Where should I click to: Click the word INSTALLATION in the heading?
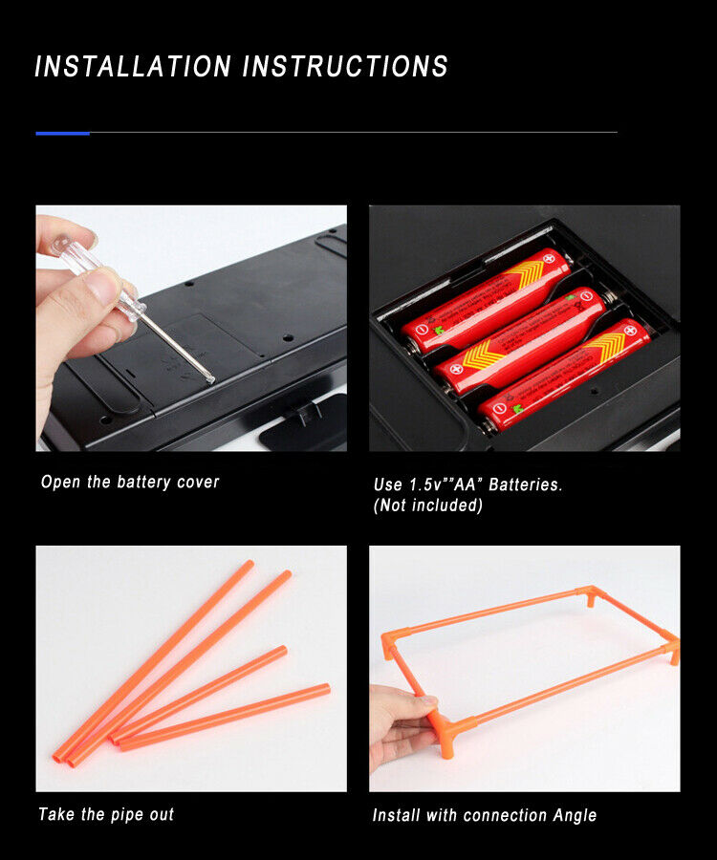coord(133,66)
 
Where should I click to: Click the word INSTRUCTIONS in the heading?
coord(346,66)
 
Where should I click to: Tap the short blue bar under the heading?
coord(62,133)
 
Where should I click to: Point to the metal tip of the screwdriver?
coord(211,378)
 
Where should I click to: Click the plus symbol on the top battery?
coord(549,258)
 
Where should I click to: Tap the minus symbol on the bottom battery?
coord(498,409)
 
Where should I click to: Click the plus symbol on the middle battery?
coord(455,369)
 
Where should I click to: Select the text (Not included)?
coord(428,505)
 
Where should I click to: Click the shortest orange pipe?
coord(225,717)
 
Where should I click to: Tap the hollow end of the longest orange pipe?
coord(57,759)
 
